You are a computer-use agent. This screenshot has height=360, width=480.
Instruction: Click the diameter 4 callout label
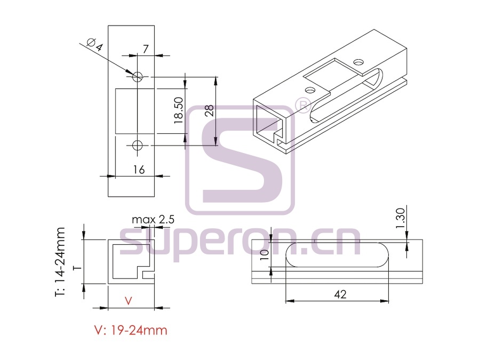[95, 45]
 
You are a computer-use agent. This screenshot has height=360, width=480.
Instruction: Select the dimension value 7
[146, 49]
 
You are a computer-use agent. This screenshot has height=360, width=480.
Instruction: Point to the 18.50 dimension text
[179, 110]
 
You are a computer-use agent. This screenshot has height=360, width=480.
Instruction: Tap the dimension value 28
[210, 110]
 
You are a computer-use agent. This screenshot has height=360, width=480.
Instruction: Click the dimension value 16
[139, 170]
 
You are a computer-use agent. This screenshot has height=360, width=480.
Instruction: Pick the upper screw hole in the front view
[138, 76]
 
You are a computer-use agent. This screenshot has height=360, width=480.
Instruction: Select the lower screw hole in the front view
[138, 145]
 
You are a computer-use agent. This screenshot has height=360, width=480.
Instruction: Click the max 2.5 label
[153, 219]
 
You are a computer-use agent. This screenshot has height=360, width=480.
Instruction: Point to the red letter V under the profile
[129, 301]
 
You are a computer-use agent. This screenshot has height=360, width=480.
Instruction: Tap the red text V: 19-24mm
[131, 330]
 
